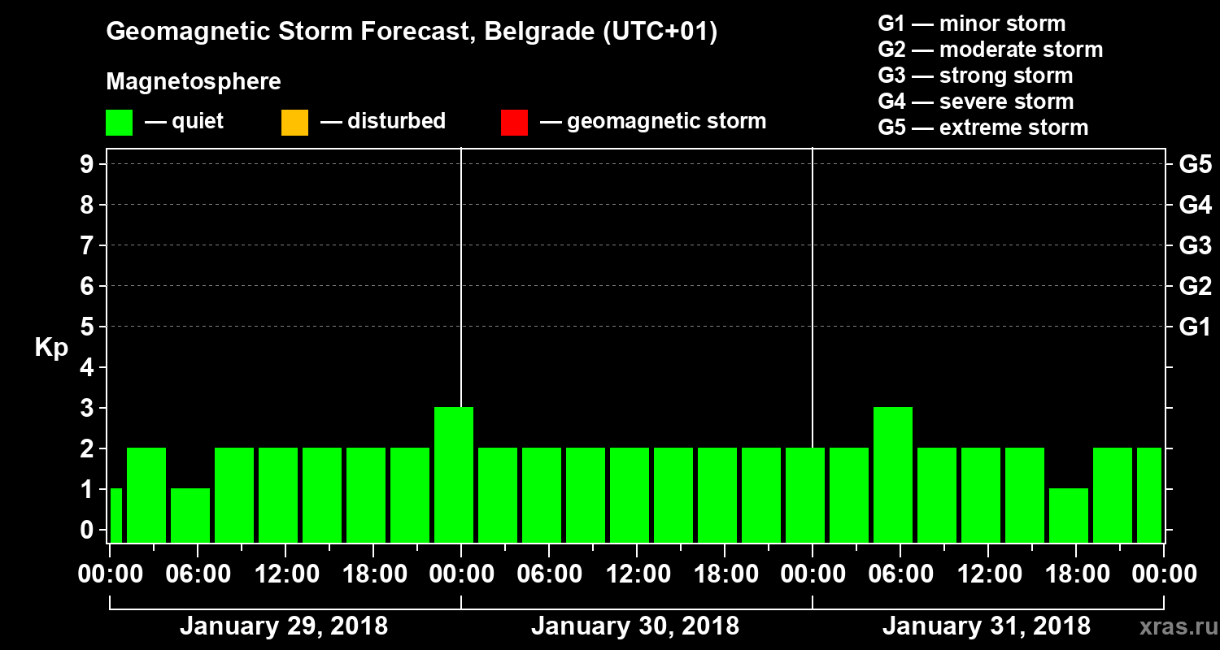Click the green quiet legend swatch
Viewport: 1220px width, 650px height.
click(x=119, y=122)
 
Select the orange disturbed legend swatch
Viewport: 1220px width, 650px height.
click(x=294, y=122)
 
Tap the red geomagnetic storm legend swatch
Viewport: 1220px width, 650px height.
click(x=514, y=122)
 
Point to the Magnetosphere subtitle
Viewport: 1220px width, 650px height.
click(x=194, y=82)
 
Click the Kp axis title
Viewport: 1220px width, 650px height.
click(x=51, y=348)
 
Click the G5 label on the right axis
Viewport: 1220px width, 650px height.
click(x=1195, y=165)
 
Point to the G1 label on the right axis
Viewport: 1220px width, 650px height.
click(x=1195, y=327)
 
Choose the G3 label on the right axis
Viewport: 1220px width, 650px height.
click(x=1195, y=246)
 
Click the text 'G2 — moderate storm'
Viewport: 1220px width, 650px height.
click(x=990, y=50)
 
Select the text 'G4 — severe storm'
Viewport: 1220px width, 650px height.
click(x=975, y=102)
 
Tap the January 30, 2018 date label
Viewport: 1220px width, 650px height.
click(x=635, y=626)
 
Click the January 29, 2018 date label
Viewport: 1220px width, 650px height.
click(x=284, y=626)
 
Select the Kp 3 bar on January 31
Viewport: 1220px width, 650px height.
click(x=893, y=475)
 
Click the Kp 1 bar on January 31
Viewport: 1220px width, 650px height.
click(x=1069, y=515)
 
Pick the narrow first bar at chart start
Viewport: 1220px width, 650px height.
click(x=115, y=515)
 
